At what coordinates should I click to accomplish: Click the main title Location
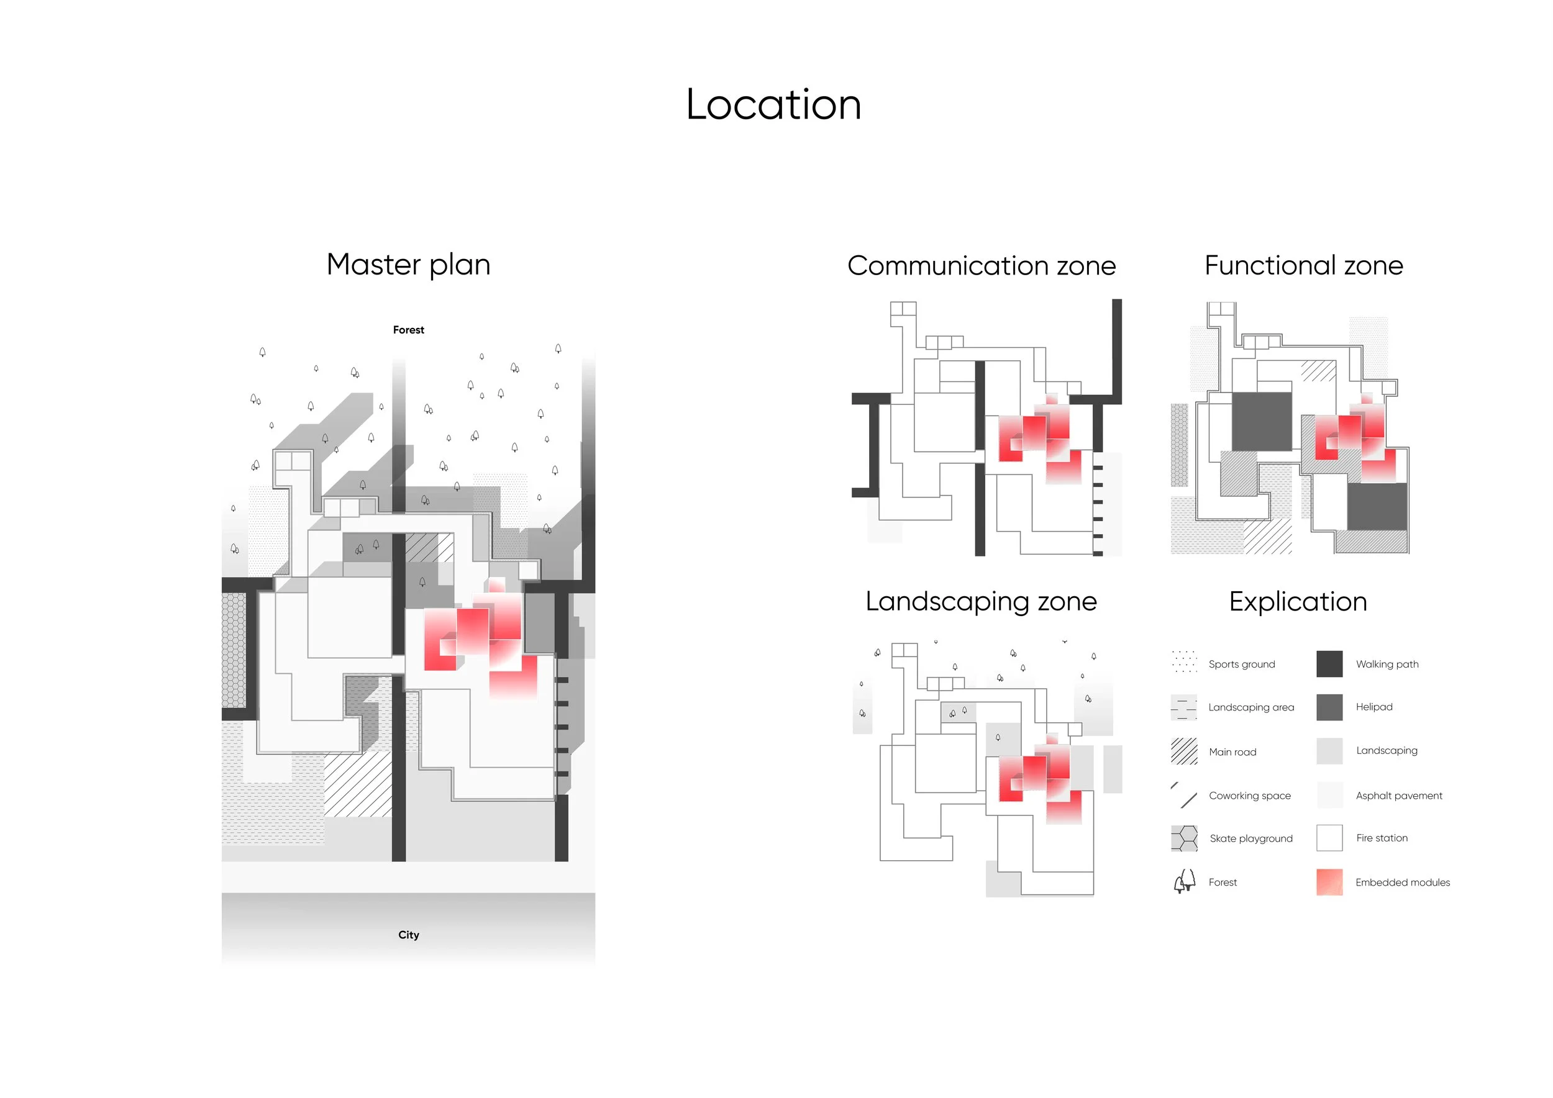[x=774, y=105]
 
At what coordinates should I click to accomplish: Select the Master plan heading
[x=409, y=265]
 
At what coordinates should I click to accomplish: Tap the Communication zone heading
[x=981, y=266]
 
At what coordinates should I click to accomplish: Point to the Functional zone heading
[x=1303, y=265]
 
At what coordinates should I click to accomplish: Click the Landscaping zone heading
[x=981, y=602]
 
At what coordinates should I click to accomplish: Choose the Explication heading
[x=1298, y=602]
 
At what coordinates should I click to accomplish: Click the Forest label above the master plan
[x=409, y=330]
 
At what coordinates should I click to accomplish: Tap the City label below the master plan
[x=409, y=935]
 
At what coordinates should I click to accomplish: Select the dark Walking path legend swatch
[x=1329, y=664]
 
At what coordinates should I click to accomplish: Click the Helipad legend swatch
[x=1329, y=707]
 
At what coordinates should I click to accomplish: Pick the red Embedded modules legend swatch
[x=1329, y=882]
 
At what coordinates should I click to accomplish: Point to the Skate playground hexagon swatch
[x=1183, y=838]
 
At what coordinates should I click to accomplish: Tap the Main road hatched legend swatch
[x=1183, y=751]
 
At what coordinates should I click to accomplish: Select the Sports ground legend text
[x=1242, y=665]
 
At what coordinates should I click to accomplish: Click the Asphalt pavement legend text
[x=1399, y=796]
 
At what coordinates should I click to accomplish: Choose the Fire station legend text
[x=1382, y=838]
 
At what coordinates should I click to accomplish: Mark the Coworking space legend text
[x=1250, y=796]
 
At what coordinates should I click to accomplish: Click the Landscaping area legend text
[x=1251, y=708]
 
